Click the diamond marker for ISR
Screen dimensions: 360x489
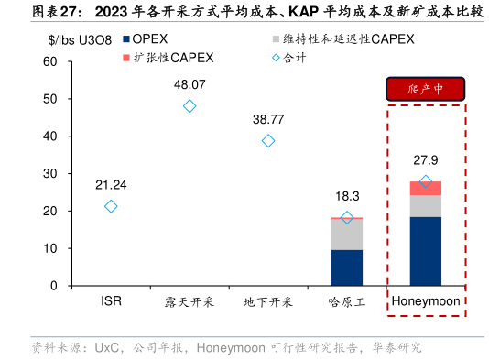pyautogui.click(x=111, y=206)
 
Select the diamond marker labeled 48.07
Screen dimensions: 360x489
pyautogui.click(x=190, y=105)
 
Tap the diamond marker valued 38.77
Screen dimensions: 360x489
pyautogui.click(x=268, y=140)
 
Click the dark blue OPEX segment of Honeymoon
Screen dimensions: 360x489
pyautogui.click(x=425, y=251)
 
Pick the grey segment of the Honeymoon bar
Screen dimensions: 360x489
pyautogui.click(x=425, y=206)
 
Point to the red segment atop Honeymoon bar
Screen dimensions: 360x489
pyautogui.click(x=425, y=188)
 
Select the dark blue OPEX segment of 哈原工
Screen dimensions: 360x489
pyautogui.click(x=346, y=267)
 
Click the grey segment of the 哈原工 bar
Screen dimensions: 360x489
pyautogui.click(x=346, y=234)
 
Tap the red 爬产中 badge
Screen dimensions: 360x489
pyautogui.click(x=426, y=89)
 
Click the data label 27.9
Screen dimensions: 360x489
pyautogui.click(x=426, y=159)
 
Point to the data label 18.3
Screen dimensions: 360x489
pyautogui.click(x=347, y=195)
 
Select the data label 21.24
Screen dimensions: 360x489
pyautogui.click(x=111, y=184)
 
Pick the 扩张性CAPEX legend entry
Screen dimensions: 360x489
pyautogui.click(x=174, y=57)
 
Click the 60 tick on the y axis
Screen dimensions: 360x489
pyautogui.click(x=50, y=61)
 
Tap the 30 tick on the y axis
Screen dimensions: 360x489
pyautogui.click(x=50, y=173)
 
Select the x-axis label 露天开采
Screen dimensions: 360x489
pyautogui.click(x=190, y=301)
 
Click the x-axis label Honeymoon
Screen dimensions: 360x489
pyautogui.click(x=426, y=301)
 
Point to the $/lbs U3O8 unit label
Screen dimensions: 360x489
pyautogui.click(x=81, y=39)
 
